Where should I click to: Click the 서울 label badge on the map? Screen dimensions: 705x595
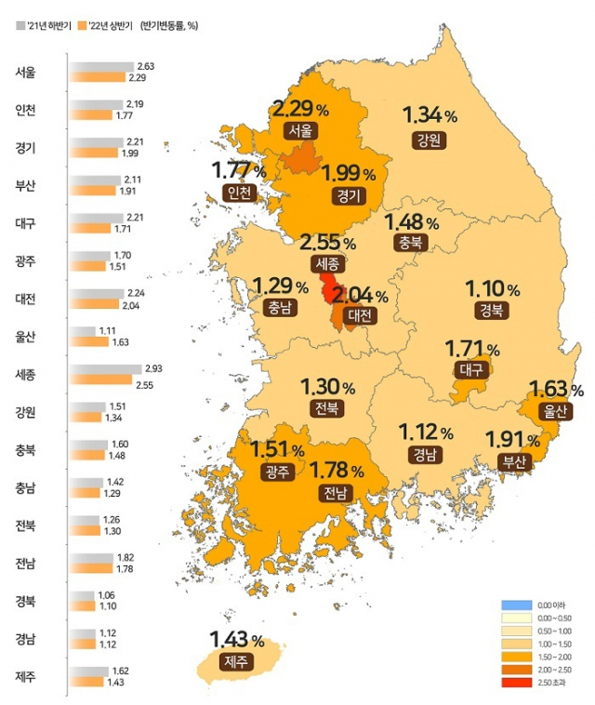[x=300, y=130]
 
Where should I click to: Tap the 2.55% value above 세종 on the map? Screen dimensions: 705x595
[x=326, y=243]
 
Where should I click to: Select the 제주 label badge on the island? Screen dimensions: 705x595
[x=235, y=661]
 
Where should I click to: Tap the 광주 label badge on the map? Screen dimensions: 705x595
[x=278, y=472]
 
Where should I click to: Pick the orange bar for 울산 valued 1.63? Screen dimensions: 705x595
[x=96, y=340]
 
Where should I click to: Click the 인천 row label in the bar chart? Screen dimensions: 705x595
[x=25, y=110]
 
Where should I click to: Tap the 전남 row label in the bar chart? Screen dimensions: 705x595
[x=25, y=563]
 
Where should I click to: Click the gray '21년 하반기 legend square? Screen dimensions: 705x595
[x=21, y=25]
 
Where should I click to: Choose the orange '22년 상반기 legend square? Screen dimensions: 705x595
[x=80, y=25]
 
